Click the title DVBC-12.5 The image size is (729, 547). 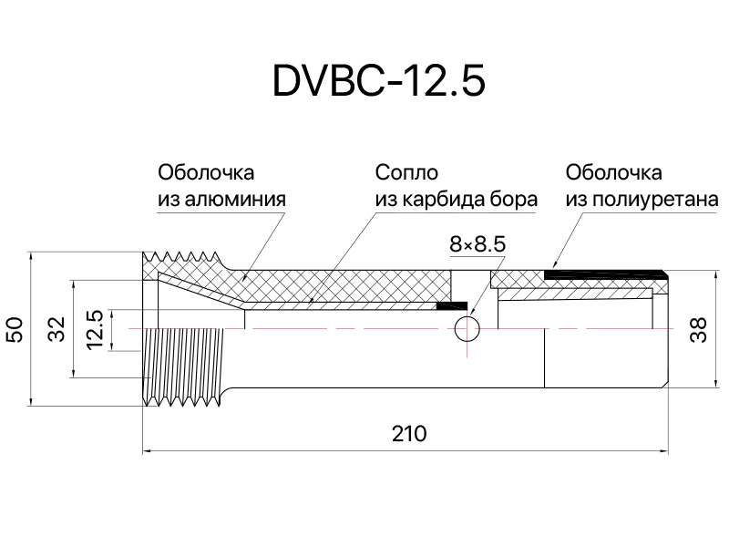(x=378, y=80)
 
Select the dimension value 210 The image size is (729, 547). (x=409, y=434)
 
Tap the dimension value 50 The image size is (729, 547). (x=15, y=329)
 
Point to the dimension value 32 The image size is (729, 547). (x=57, y=329)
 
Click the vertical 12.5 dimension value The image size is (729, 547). (x=95, y=329)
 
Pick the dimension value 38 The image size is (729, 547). (x=698, y=330)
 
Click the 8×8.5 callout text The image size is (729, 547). (x=477, y=244)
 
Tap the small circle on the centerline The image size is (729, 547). (x=467, y=329)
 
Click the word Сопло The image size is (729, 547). (x=406, y=173)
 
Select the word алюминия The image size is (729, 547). (x=235, y=199)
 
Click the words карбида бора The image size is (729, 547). (x=469, y=200)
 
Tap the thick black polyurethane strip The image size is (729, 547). (x=605, y=275)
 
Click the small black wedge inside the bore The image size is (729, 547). (x=452, y=305)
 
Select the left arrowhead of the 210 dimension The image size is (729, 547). (x=146, y=450)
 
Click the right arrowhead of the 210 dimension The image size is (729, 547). (x=664, y=450)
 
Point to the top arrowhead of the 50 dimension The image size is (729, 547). (x=30, y=256)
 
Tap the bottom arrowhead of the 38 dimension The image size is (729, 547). (x=715, y=382)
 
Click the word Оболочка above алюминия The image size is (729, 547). (x=206, y=173)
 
